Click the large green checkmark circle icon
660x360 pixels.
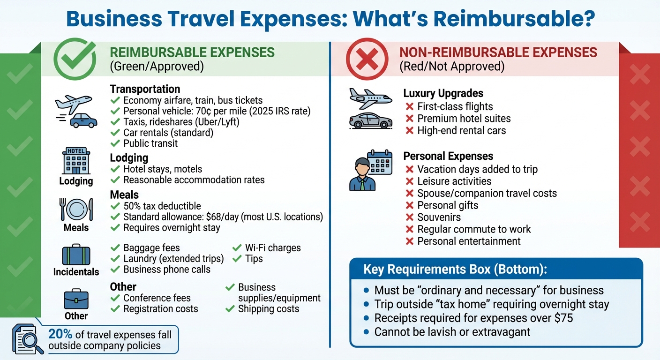tap(75, 59)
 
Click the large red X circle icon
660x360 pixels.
tap(367, 59)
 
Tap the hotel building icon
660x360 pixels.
tap(76, 162)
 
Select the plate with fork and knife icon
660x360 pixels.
tap(76, 209)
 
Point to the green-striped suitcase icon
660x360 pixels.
tap(76, 255)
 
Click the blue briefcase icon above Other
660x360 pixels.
tap(76, 299)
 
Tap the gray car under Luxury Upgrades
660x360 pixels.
tap(370, 120)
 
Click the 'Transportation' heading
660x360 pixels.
tap(145, 89)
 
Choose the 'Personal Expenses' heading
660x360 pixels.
tap(448, 156)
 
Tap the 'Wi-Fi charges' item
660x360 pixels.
tap(273, 248)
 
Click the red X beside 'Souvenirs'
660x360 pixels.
tap(409, 217)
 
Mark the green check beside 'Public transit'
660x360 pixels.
tap(115, 143)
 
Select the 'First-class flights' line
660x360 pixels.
tap(455, 106)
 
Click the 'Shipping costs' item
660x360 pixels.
tap(268, 309)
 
